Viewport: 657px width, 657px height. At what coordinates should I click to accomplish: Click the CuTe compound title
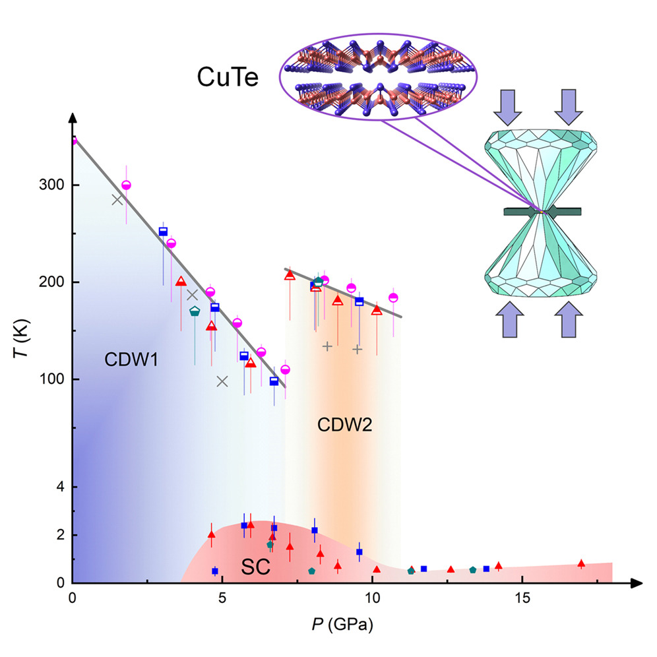click(228, 77)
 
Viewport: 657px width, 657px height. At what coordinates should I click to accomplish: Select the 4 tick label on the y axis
click(59, 487)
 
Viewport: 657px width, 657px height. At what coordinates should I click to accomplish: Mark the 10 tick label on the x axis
click(372, 599)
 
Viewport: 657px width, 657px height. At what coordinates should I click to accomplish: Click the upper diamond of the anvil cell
click(541, 165)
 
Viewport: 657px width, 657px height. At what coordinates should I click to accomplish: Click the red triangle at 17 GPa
click(581, 563)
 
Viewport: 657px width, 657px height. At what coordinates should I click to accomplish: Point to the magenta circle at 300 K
click(126, 185)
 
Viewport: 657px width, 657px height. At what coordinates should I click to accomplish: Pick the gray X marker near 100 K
click(222, 381)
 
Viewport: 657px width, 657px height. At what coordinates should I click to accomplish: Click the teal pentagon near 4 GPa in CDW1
click(195, 311)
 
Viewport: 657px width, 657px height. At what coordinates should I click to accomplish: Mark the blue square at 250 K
click(163, 232)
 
